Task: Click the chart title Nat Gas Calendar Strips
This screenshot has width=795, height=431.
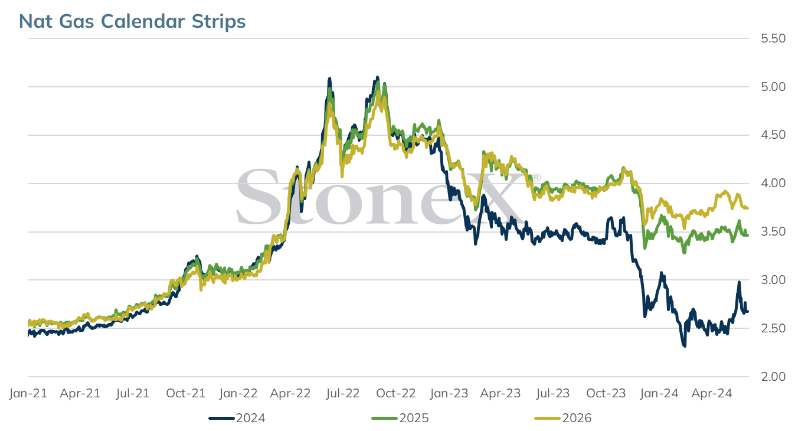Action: pyautogui.click(x=132, y=21)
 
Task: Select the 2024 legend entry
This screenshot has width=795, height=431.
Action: pyautogui.click(x=237, y=418)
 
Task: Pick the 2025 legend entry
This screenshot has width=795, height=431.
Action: pyautogui.click(x=400, y=418)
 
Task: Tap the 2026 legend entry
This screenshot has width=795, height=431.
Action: pyautogui.click(x=563, y=418)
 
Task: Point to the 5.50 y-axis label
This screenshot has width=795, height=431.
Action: pyautogui.click(x=773, y=38)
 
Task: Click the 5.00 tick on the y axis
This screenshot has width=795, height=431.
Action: pyautogui.click(x=773, y=87)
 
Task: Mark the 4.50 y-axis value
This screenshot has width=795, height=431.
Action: pyautogui.click(x=773, y=135)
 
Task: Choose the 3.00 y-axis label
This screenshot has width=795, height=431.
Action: pyautogui.click(x=773, y=280)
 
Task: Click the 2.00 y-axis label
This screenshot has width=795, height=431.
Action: pyautogui.click(x=773, y=376)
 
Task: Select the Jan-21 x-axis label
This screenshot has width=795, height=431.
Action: pyautogui.click(x=28, y=393)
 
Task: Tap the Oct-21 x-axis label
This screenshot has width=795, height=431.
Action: pyautogui.click(x=186, y=393)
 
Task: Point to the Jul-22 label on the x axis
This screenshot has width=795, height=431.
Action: pyautogui.click(x=343, y=393)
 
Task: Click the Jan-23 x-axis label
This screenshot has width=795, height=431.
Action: pyautogui.click(x=449, y=393)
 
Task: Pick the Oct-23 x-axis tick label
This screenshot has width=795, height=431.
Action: pyautogui.click(x=606, y=393)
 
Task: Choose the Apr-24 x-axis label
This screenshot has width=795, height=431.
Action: pyautogui.click(x=712, y=393)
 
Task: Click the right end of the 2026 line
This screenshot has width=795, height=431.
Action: pyautogui.click(x=748, y=208)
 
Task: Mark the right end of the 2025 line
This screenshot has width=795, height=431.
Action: pyautogui.click(x=748, y=235)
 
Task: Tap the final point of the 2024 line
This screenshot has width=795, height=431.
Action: pyautogui.click(x=748, y=312)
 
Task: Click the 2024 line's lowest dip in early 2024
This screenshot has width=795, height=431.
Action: pyautogui.click(x=684, y=346)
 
